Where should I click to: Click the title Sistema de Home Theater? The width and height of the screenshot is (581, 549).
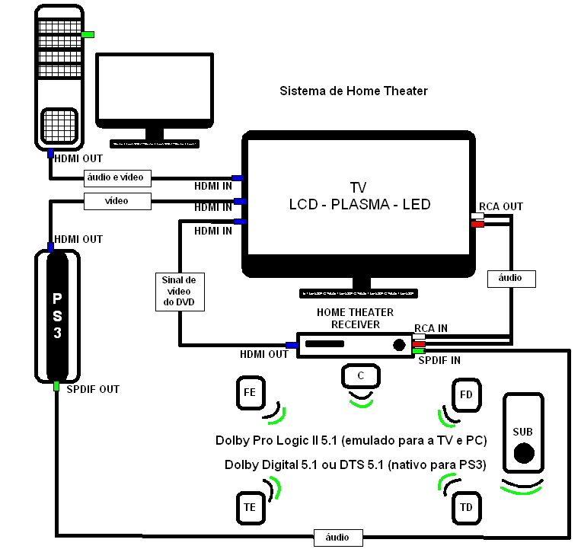coord(353,91)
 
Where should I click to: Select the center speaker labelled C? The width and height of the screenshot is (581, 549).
coord(361,376)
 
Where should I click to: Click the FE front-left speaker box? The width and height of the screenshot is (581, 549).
coord(250,394)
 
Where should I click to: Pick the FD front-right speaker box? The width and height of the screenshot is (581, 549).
coord(466,394)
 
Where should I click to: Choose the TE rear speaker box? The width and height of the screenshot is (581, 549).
coord(250,506)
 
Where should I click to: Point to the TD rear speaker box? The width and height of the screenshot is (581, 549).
coord(466,506)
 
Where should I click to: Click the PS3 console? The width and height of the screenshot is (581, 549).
coord(57,315)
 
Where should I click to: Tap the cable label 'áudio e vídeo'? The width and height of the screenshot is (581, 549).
coord(118,178)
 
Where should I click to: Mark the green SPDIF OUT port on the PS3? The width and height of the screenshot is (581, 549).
coord(56,387)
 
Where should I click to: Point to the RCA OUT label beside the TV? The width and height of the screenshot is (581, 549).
coord(500,206)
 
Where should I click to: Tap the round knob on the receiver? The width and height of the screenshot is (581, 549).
coord(399,345)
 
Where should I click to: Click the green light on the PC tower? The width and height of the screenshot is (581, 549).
coord(88,34)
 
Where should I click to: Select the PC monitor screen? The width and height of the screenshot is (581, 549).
coord(154,89)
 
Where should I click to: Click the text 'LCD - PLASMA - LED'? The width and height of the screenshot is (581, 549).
coord(359,204)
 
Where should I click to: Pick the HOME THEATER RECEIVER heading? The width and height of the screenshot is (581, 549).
coord(355,318)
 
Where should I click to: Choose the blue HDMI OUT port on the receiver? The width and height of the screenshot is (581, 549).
coord(292,345)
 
